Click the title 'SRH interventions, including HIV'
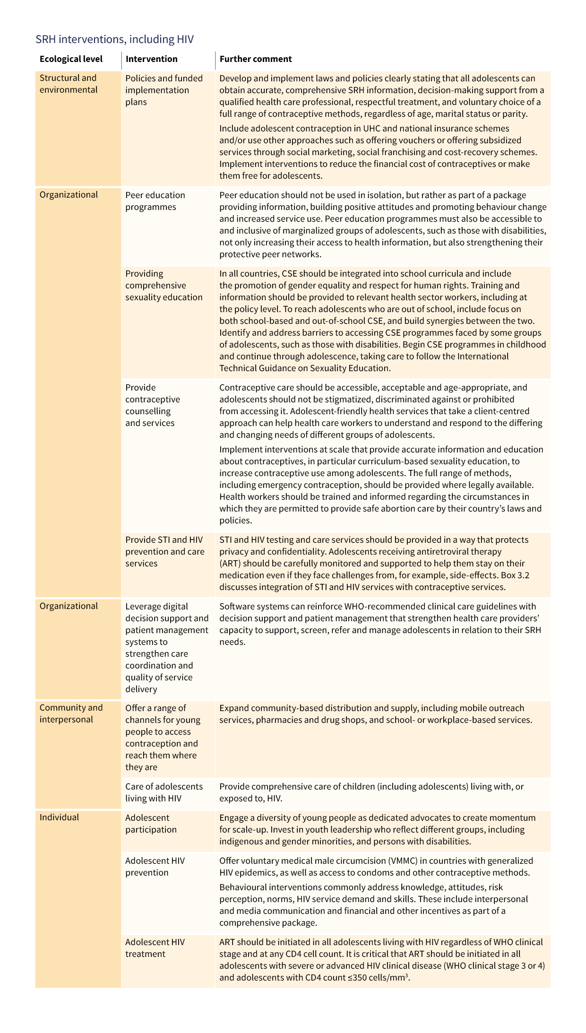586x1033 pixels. (x=114, y=39)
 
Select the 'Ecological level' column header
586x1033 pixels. (x=71, y=59)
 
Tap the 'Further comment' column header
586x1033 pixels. (x=256, y=59)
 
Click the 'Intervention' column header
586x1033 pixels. (x=151, y=59)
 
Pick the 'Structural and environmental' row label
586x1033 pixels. (x=68, y=84)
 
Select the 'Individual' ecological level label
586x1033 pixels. (x=59, y=817)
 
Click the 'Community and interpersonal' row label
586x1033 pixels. (x=71, y=713)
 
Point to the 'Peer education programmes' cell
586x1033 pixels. (x=155, y=201)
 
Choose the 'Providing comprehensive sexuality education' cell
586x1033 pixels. (x=164, y=286)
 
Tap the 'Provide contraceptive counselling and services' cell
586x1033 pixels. (x=153, y=405)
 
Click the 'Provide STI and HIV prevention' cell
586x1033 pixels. (x=164, y=551)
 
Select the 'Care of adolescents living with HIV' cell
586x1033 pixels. (x=164, y=792)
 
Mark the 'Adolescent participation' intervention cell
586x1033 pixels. (x=151, y=824)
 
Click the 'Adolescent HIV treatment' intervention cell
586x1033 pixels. (x=155, y=948)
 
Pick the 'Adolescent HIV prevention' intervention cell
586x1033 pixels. (x=155, y=867)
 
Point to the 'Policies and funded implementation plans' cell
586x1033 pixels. (x=164, y=90)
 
